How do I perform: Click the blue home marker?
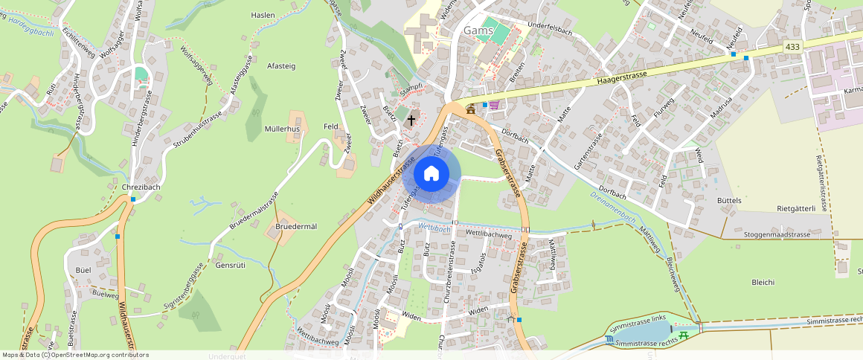coord(431,174)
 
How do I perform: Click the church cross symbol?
coord(411,119)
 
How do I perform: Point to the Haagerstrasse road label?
coord(621,78)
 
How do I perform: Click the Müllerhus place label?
coord(282,129)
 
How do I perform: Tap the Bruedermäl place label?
coord(296,226)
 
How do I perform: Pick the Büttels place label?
coord(729,202)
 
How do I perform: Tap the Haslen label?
coord(263,15)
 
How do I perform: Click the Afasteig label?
coord(281,66)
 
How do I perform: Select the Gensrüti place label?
coord(230,265)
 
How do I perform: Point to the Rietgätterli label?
coord(797,209)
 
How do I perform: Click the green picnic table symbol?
coord(684,335)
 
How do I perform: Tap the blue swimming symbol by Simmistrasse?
coord(610,340)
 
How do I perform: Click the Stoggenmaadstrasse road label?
coord(777,234)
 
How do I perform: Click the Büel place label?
coord(83,269)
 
